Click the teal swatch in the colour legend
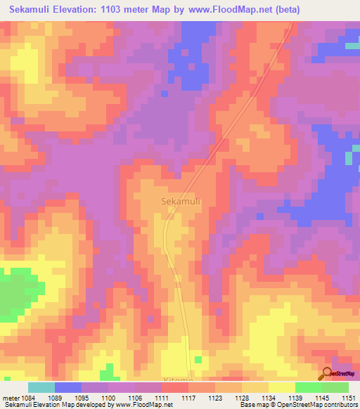[41, 387]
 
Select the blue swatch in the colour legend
[68, 387]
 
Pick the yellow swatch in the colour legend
[281, 387]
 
